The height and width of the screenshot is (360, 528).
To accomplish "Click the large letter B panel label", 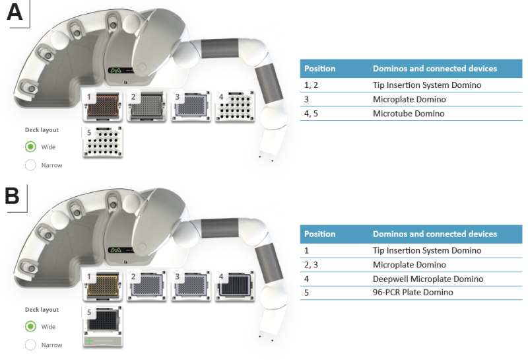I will [x=13, y=196].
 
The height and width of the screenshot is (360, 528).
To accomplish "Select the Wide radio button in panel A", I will [x=30, y=147].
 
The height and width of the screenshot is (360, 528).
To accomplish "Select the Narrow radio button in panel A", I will [x=30, y=165].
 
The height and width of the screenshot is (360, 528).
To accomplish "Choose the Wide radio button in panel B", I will [x=30, y=326].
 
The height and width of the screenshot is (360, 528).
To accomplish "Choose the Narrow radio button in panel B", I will [x=30, y=344].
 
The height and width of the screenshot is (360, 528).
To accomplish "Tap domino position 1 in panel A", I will [x=102, y=106].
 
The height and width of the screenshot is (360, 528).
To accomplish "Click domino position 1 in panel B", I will [x=102, y=286].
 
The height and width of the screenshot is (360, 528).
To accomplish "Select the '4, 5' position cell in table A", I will [x=312, y=114].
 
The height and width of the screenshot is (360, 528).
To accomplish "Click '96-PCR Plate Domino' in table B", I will [x=412, y=293].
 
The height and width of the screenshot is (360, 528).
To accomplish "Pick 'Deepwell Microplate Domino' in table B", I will [x=428, y=279].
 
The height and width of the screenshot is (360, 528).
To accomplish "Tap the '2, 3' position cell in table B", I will [x=312, y=265].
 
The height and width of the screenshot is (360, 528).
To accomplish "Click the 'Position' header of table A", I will [x=319, y=69].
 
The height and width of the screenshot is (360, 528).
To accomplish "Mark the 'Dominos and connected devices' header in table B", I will [x=434, y=234].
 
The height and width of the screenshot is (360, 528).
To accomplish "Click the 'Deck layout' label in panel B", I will [x=42, y=310].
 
